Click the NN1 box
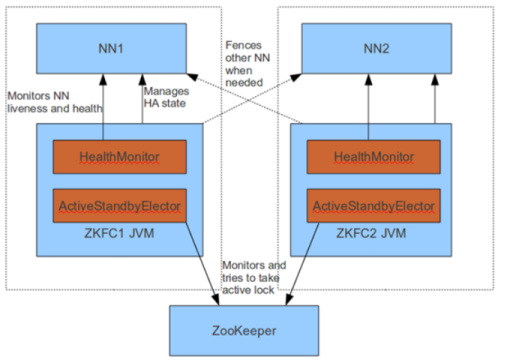point(104,47)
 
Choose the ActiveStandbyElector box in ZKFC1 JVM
point(120,207)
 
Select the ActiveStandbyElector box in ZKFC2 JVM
point(375,207)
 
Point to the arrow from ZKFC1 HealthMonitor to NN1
point(103,105)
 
